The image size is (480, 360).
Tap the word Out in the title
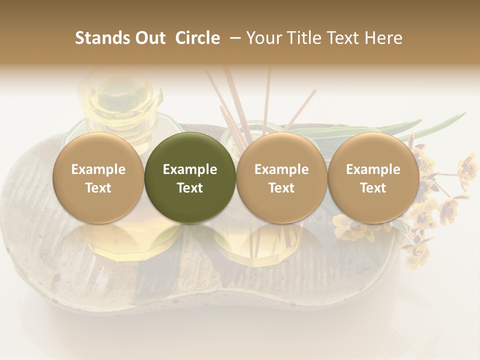(149, 38)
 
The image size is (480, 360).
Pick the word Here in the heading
(384, 38)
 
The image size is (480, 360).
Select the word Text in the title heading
(345, 38)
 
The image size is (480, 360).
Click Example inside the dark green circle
(190, 169)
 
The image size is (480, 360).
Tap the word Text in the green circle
(190, 188)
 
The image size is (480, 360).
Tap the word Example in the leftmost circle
(98, 169)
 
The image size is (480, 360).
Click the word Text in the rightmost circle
(373, 188)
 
